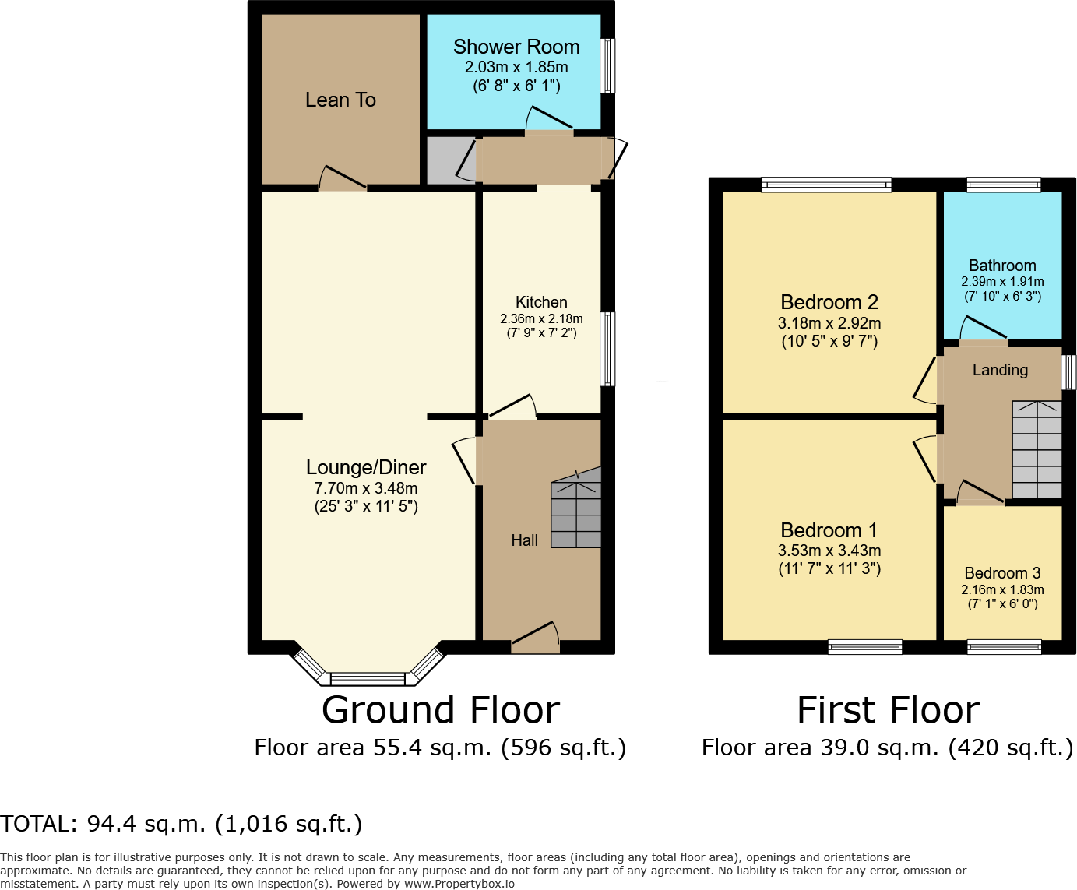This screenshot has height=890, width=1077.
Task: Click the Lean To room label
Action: (340, 100)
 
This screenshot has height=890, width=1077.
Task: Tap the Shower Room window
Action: (607, 66)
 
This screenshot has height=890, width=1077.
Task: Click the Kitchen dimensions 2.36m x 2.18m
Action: (541, 318)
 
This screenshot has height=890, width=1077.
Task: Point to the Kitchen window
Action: (607, 349)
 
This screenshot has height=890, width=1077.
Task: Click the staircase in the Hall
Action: (576, 508)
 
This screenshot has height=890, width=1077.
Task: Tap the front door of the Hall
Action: (536, 638)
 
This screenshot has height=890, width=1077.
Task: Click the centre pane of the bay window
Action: (368, 679)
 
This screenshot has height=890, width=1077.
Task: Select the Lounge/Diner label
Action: (366, 467)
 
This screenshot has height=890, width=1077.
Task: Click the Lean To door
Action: (343, 178)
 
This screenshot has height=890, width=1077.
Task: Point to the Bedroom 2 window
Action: (826, 185)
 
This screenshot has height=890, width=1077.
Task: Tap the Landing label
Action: (1000, 370)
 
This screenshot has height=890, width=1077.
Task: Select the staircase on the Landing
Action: (1037, 449)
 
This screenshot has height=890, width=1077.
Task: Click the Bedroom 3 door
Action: (980, 492)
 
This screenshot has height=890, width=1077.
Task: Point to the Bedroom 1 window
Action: (865, 646)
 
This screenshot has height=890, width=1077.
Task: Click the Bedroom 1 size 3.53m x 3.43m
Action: (829, 551)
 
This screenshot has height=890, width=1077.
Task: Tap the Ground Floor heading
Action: (441, 710)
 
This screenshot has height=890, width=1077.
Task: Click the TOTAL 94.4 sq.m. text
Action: (181, 824)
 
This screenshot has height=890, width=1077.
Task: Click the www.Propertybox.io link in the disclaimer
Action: (459, 884)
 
